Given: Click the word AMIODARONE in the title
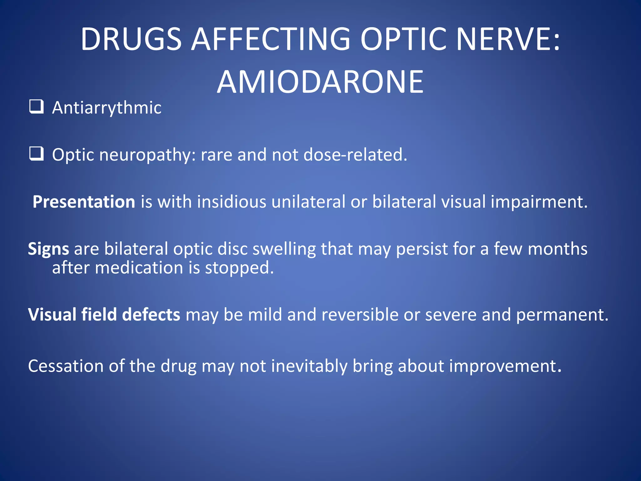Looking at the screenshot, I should [320, 82].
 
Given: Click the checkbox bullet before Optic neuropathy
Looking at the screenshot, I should [36, 154].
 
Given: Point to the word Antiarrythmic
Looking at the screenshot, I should [107, 108].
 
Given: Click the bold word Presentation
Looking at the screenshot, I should [84, 202].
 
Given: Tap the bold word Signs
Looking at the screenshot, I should [49, 249].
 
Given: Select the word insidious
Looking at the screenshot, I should [232, 202].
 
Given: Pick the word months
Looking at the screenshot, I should [557, 249].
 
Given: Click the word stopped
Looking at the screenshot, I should [239, 268].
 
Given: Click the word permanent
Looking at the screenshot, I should [562, 315].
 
